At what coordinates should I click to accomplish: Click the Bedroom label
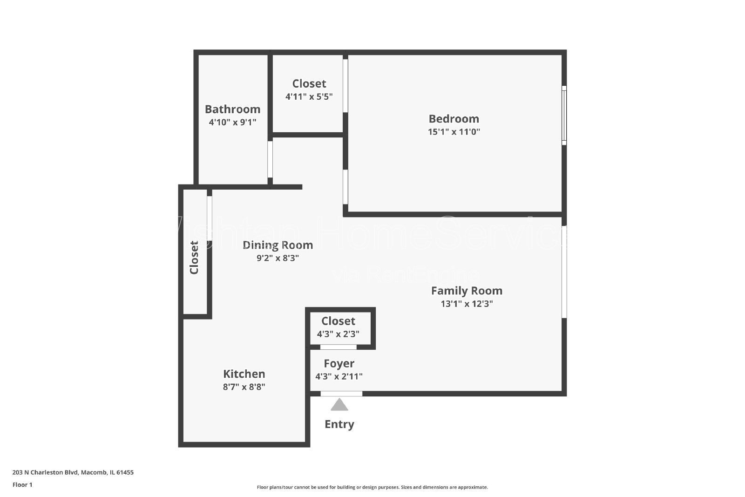(454, 119)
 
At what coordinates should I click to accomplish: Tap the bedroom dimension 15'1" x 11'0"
(454, 132)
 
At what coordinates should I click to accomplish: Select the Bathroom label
(232, 109)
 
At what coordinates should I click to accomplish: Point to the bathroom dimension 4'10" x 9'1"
(232, 123)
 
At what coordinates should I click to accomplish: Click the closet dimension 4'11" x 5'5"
(309, 97)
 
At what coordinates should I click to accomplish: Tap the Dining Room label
(278, 245)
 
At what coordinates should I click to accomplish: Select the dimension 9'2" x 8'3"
(278, 258)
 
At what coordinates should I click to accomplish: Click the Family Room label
(467, 291)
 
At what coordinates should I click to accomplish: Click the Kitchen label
(244, 374)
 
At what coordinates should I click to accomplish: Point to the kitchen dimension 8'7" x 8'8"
(244, 387)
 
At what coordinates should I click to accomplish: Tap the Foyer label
(339, 364)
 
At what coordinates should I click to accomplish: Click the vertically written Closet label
(194, 258)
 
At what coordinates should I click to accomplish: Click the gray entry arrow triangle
(339, 405)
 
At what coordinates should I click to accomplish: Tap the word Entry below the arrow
(339, 424)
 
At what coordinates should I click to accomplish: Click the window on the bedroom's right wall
(564, 115)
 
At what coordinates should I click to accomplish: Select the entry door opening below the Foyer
(341, 394)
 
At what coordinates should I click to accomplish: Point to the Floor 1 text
(22, 485)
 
